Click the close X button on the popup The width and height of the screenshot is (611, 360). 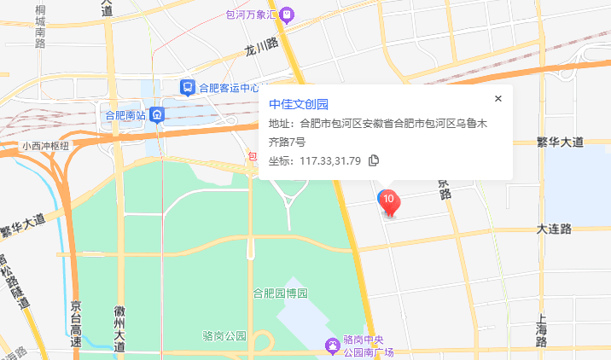[x=498, y=98]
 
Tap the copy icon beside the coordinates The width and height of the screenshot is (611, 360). [x=373, y=160]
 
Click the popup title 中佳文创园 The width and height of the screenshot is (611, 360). [x=299, y=104]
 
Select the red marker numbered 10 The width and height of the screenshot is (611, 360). [x=389, y=202]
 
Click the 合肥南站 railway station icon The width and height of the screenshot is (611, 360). [x=156, y=114]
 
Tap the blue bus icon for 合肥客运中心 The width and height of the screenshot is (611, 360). [x=186, y=86]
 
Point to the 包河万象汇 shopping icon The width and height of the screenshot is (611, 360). [x=287, y=14]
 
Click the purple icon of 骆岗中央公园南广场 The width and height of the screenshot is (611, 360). [x=331, y=345]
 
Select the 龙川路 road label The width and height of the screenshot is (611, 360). [x=262, y=46]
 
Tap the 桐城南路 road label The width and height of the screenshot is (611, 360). [x=40, y=26]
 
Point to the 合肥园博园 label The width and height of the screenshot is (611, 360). [x=280, y=293]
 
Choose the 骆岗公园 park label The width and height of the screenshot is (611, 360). [x=225, y=334]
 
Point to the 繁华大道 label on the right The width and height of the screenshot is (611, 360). [x=560, y=141]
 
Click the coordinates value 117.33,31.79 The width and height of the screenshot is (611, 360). [x=330, y=160]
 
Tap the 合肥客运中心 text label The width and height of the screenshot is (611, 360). [x=229, y=87]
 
